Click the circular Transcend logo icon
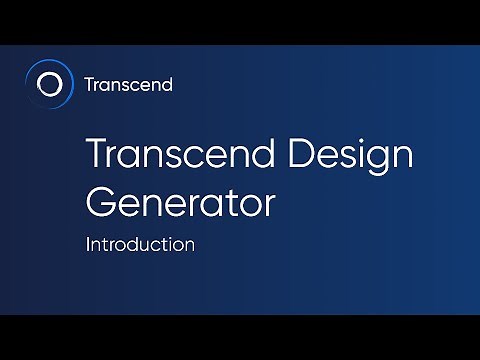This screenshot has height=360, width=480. (x=48, y=84)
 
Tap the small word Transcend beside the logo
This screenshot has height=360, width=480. (x=129, y=84)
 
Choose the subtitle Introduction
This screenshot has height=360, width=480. (x=140, y=244)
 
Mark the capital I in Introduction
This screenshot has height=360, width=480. (x=89, y=244)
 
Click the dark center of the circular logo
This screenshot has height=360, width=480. (x=48, y=84)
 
